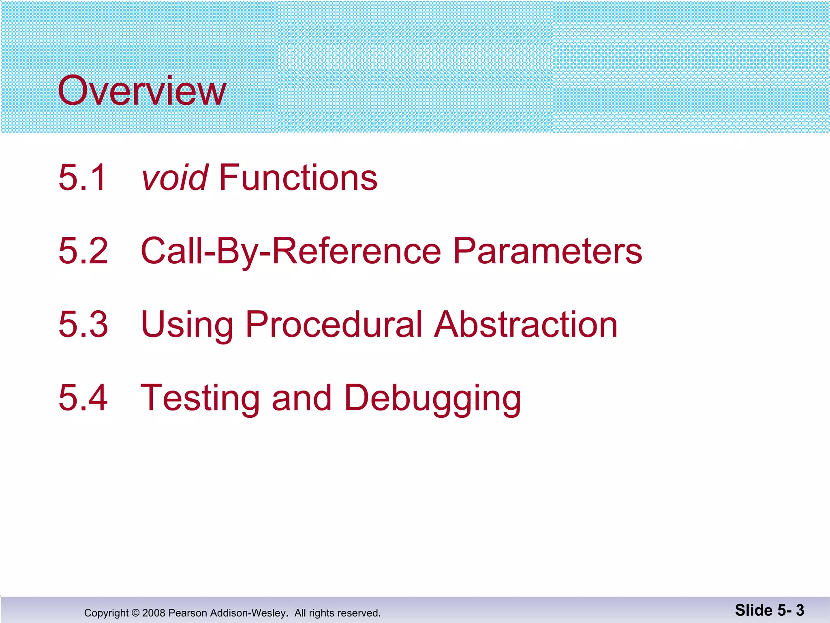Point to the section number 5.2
tap(83, 251)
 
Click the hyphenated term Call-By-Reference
tap(291, 251)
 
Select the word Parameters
tap(547, 251)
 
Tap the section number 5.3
tap(83, 324)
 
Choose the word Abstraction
tap(526, 324)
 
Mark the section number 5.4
tap(83, 397)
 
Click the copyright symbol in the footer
tap(135, 613)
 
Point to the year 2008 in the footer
tap(154, 613)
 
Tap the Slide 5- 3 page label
tap(769, 610)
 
